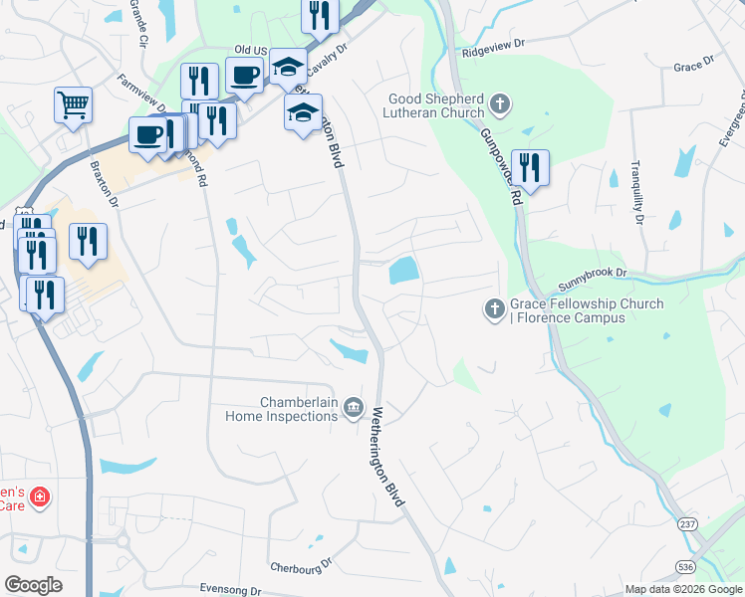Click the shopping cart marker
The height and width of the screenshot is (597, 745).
(74, 104)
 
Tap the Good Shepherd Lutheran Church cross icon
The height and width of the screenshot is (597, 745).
(500, 103)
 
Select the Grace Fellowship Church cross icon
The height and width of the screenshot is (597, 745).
(494, 309)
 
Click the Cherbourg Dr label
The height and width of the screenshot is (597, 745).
(301, 566)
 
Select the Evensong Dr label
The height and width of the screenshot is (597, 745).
(229, 589)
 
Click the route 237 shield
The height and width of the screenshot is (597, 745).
(687, 524)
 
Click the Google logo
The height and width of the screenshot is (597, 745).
(33, 585)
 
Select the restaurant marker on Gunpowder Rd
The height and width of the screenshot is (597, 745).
(528, 167)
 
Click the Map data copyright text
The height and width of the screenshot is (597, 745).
(682, 589)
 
